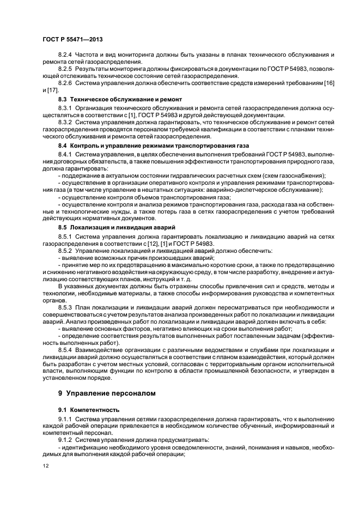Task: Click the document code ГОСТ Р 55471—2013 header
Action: click(x=73, y=40)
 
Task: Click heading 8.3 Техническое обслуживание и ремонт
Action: click(x=120, y=100)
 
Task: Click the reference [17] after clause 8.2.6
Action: click(x=52, y=89)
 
